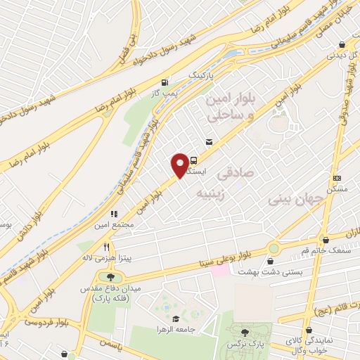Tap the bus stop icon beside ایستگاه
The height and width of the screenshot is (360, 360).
pyautogui.click(x=193, y=160)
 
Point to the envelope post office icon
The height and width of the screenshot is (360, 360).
pyautogui.click(x=209, y=142)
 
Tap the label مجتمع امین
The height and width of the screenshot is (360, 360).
pyautogui.click(x=112, y=225)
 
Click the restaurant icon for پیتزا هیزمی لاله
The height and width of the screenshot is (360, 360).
pyautogui.click(x=106, y=247)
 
